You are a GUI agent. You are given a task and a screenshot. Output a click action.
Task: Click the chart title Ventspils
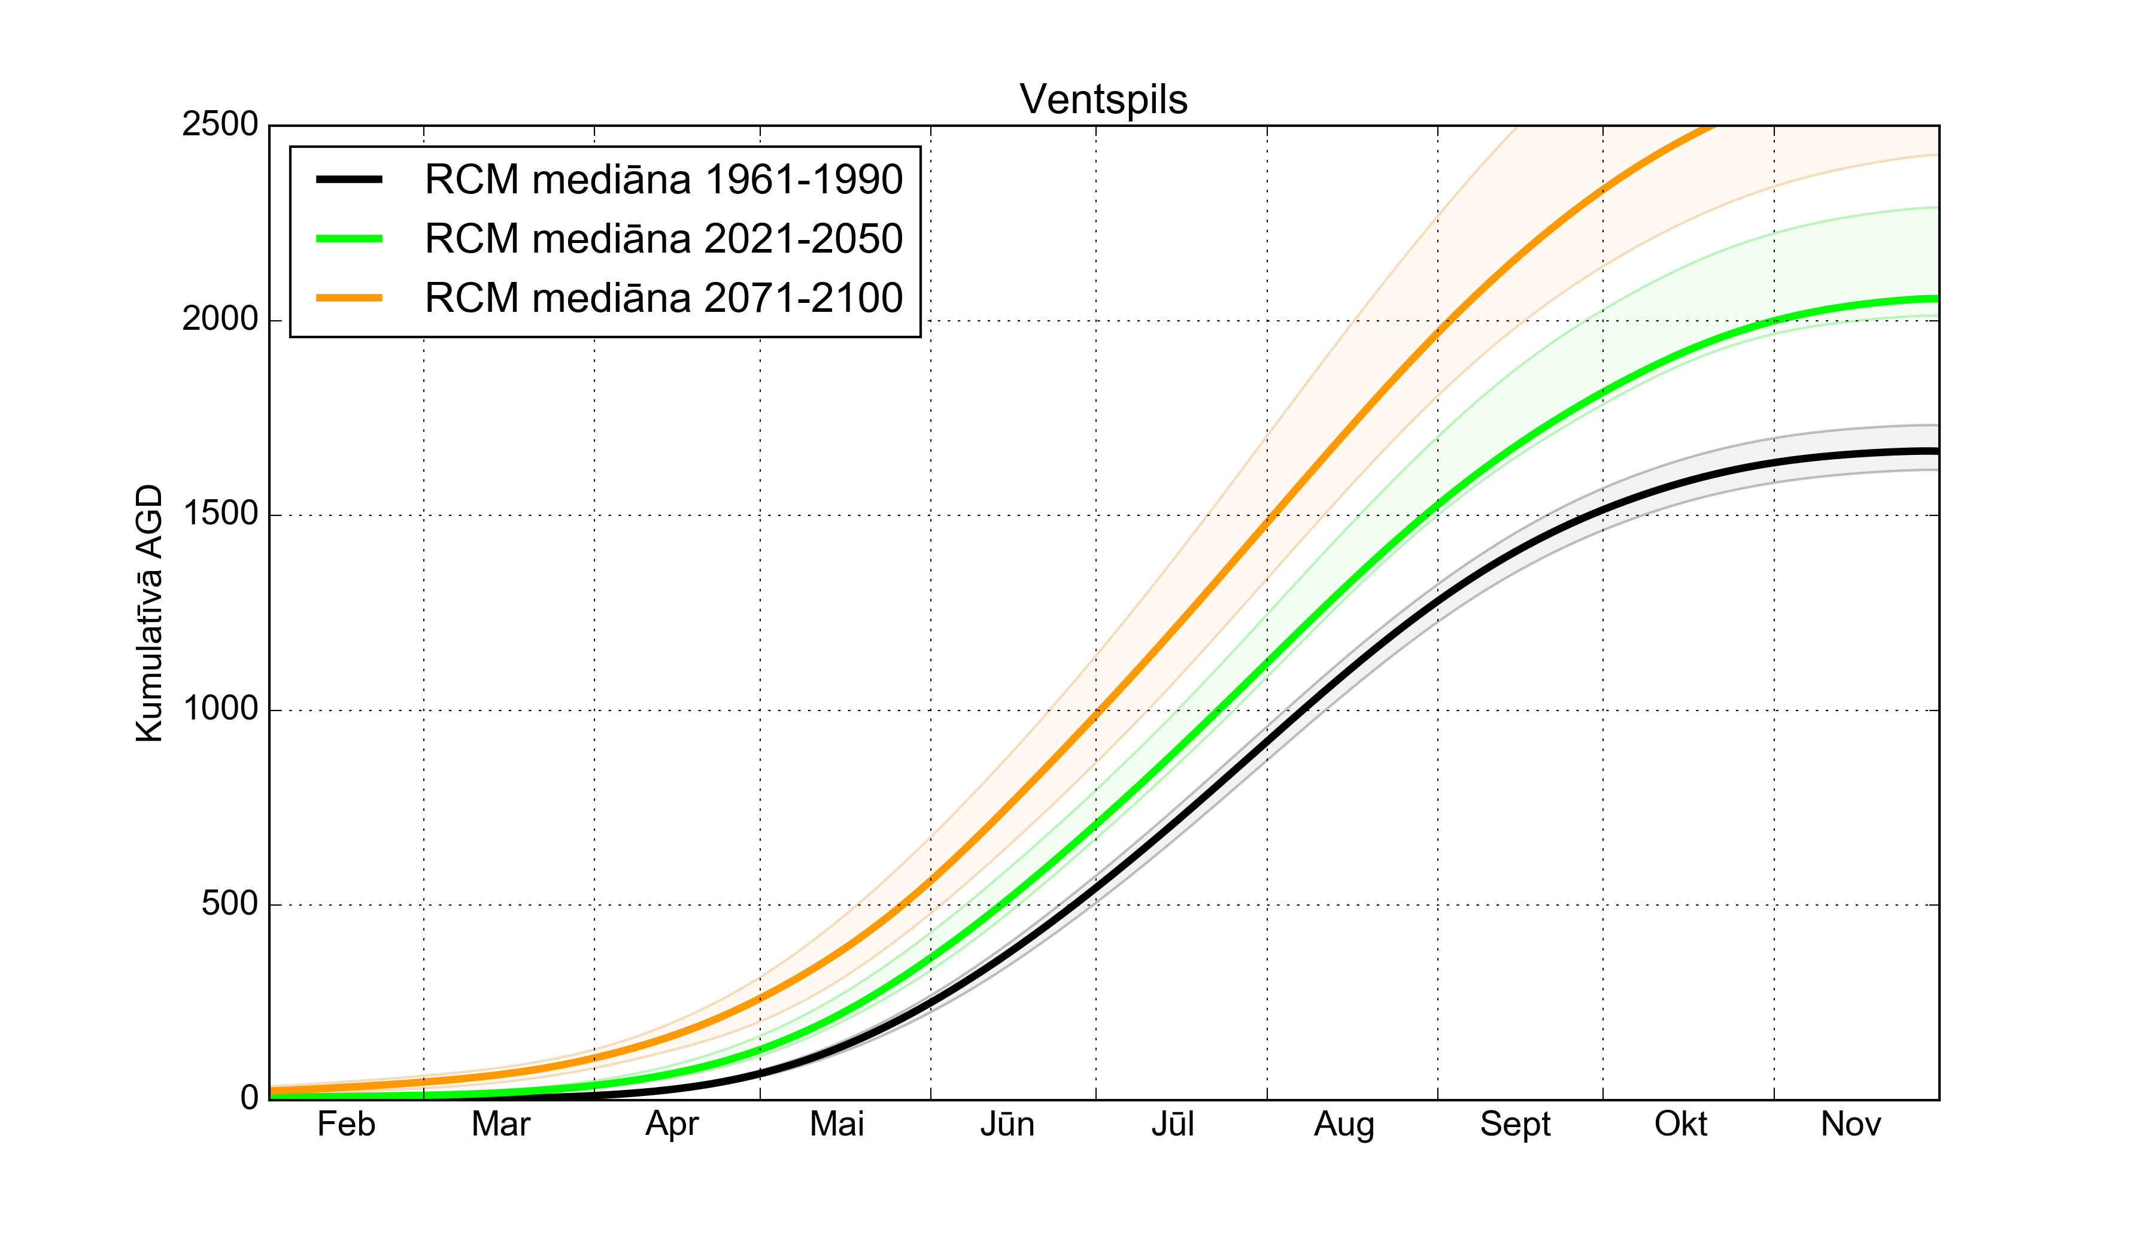[x=1103, y=99]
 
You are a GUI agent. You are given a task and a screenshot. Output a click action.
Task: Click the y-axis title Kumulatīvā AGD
[x=150, y=613]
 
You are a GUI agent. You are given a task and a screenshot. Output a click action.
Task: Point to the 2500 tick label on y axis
[x=220, y=125]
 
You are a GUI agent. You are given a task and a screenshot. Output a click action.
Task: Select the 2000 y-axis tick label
[x=220, y=319]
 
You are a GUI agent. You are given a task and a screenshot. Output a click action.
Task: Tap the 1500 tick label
[x=220, y=514]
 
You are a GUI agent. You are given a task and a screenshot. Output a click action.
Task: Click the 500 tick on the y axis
[x=229, y=904]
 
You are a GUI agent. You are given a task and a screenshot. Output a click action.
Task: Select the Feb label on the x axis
[x=347, y=1125]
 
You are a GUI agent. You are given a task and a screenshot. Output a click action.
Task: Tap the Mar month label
[x=501, y=1125]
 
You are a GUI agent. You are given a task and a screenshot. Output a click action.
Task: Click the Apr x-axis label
[x=672, y=1125]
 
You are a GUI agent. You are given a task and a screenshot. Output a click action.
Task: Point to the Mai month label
[x=837, y=1125]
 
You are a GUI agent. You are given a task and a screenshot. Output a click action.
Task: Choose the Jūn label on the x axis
[x=1007, y=1125]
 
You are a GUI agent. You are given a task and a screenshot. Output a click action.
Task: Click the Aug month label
[x=1344, y=1125]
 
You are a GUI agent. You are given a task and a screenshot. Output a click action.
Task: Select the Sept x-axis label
[x=1515, y=1125]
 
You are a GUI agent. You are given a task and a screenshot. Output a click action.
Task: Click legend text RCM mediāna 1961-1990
[x=664, y=180]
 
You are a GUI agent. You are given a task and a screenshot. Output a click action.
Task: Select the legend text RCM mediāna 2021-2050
[x=664, y=239]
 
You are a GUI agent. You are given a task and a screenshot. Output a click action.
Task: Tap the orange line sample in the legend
[x=349, y=297]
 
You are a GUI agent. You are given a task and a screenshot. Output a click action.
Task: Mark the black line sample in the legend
[x=349, y=180]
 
